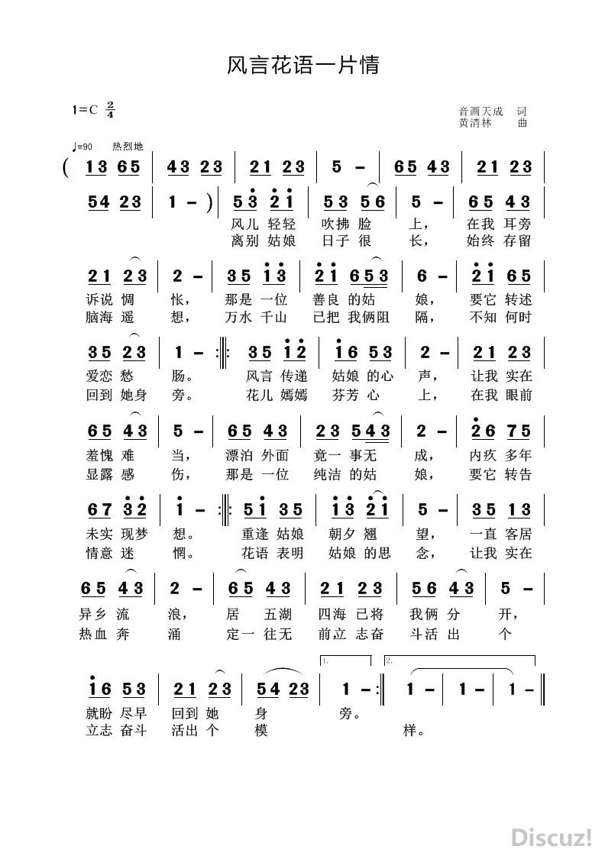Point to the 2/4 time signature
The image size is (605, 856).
[x=111, y=109]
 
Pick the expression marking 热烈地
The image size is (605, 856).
[x=127, y=147]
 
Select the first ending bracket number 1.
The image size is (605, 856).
[x=325, y=661]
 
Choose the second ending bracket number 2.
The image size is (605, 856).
[x=389, y=661]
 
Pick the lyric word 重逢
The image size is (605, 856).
[x=254, y=534]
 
